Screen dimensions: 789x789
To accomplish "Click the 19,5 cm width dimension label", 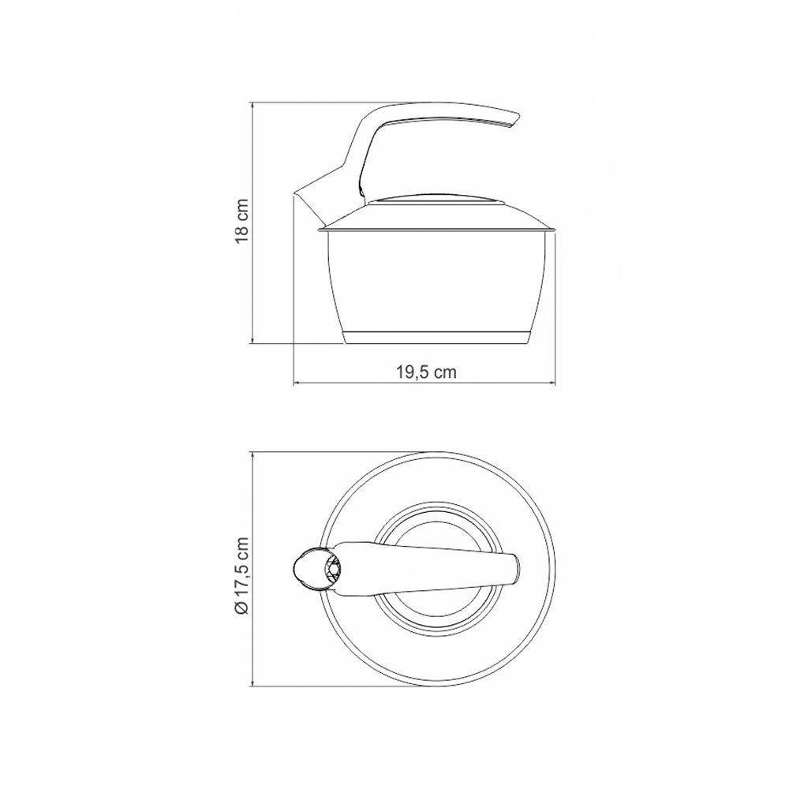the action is [x=426, y=372].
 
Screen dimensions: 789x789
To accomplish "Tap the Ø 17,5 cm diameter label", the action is [x=241, y=576].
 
